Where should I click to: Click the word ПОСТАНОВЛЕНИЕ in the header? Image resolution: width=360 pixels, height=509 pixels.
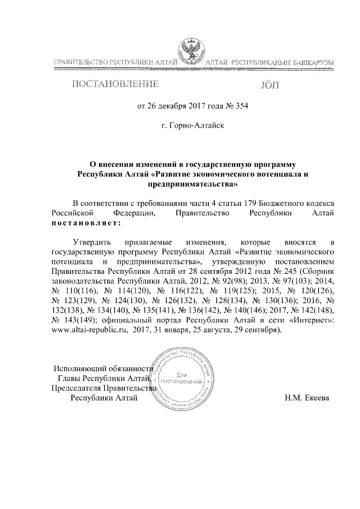click(114, 85)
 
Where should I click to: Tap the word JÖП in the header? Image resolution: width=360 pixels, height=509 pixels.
click(269, 85)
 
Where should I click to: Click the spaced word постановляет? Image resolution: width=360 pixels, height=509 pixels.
click(86, 223)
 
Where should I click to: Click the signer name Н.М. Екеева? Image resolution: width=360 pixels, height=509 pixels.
click(308, 398)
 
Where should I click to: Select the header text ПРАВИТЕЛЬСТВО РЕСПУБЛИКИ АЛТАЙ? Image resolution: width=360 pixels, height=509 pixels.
click(115, 61)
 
